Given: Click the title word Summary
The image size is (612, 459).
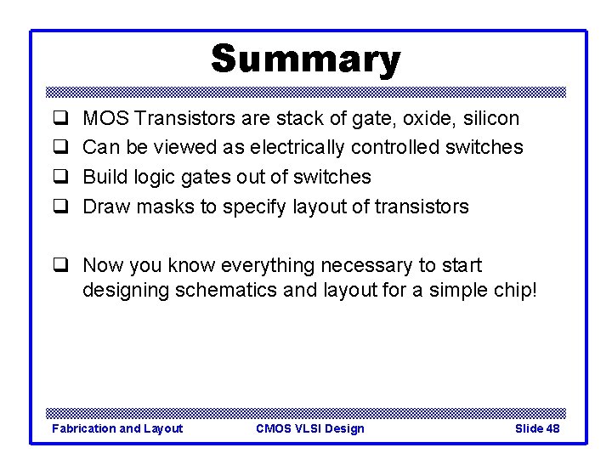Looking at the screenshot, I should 305,59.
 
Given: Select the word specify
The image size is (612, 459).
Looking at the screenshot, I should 252,207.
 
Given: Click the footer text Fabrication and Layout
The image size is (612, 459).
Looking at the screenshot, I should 117,428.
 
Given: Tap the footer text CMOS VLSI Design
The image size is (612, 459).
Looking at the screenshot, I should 309,428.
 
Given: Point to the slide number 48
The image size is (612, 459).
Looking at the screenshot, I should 552,428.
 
